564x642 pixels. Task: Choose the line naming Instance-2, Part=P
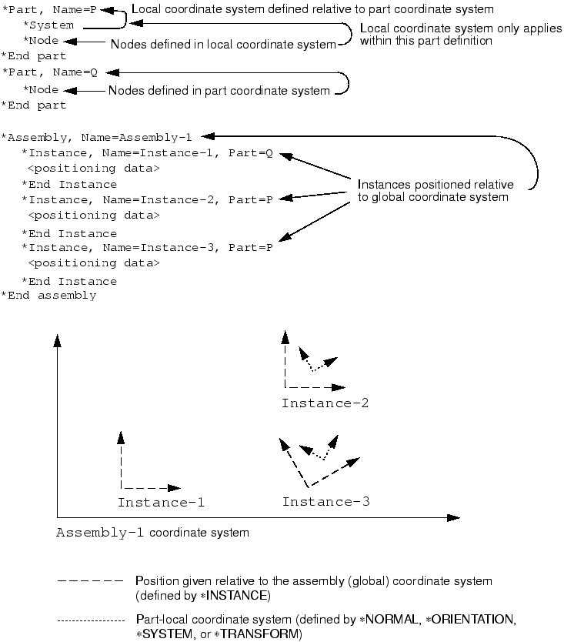coord(147,200)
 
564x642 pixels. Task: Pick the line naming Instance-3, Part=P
coord(147,248)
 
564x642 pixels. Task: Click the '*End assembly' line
coord(48,296)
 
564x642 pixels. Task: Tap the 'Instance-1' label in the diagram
coord(161,503)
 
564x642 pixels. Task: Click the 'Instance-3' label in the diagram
coord(325,503)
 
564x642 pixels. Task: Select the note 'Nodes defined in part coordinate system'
coord(219,91)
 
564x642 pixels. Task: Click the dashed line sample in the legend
coord(90,583)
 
